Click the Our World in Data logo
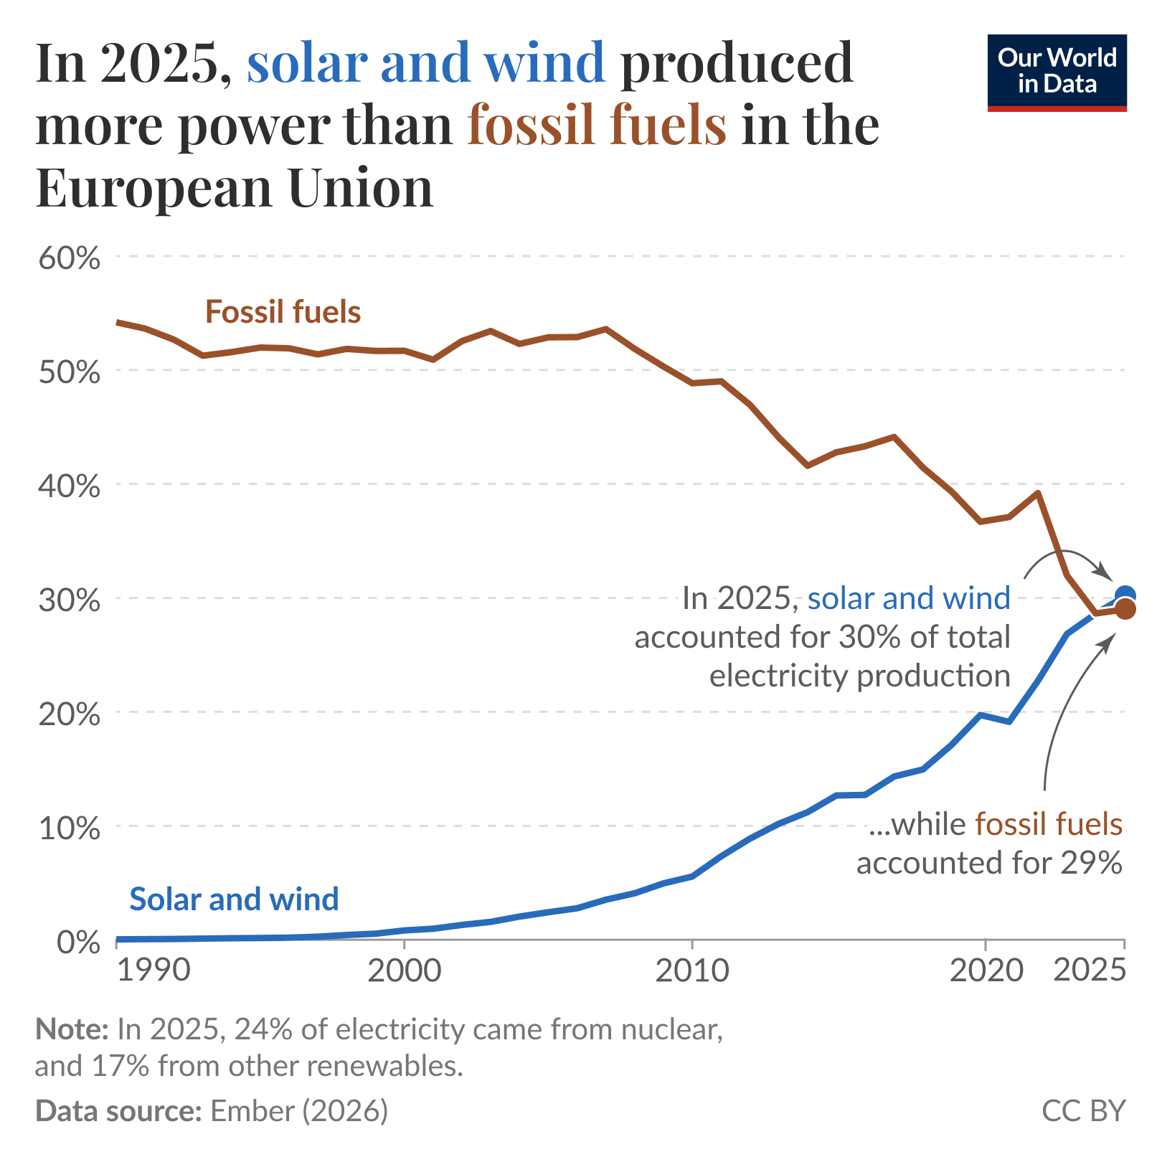click(x=1057, y=72)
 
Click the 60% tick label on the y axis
click(x=69, y=258)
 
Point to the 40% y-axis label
click(x=69, y=486)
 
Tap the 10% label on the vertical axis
click(x=69, y=828)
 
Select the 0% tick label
click(x=77, y=942)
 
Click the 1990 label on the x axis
click(x=153, y=970)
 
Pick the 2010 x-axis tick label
click(x=691, y=970)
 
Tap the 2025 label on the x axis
click(x=1088, y=970)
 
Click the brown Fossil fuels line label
click(x=283, y=312)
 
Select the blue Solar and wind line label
click(x=234, y=899)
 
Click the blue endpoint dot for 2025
click(x=1125, y=594)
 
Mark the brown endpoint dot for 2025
click(x=1125, y=610)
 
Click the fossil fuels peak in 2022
click(x=1037, y=493)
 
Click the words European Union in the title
click(x=235, y=186)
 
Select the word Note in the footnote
click(x=71, y=1029)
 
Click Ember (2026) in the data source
click(x=298, y=1110)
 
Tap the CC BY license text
click(x=1083, y=1110)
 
